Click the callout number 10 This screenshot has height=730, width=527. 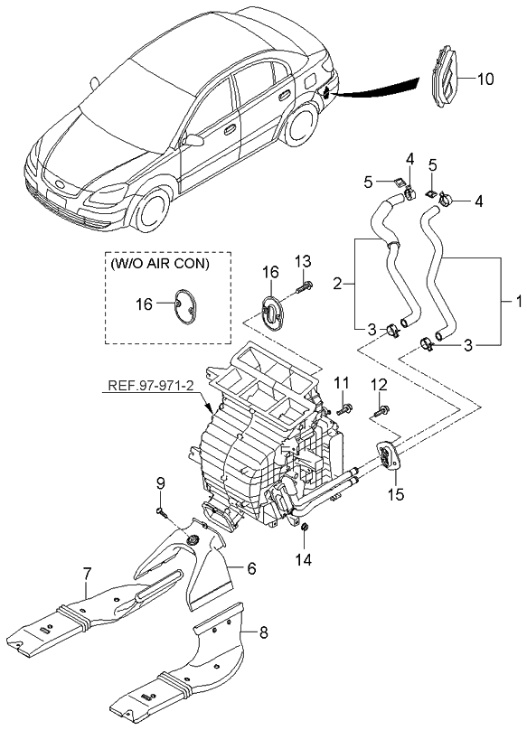pyautogui.click(x=485, y=79)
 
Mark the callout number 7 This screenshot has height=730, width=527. pyautogui.click(x=87, y=572)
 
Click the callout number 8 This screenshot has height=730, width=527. pyautogui.click(x=263, y=633)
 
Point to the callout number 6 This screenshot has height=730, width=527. pyautogui.click(x=251, y=567)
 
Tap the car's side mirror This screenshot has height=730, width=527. pyautogui.click(x=193, y=140)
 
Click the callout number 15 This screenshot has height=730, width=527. pyautogui.click(x=394, y=494)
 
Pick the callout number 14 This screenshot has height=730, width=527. pyautogui.click(x=305, y=559)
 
